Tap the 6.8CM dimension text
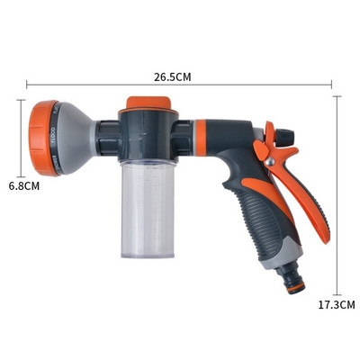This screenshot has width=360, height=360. point(23,186)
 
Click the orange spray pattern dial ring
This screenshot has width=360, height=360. point(41,138)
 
